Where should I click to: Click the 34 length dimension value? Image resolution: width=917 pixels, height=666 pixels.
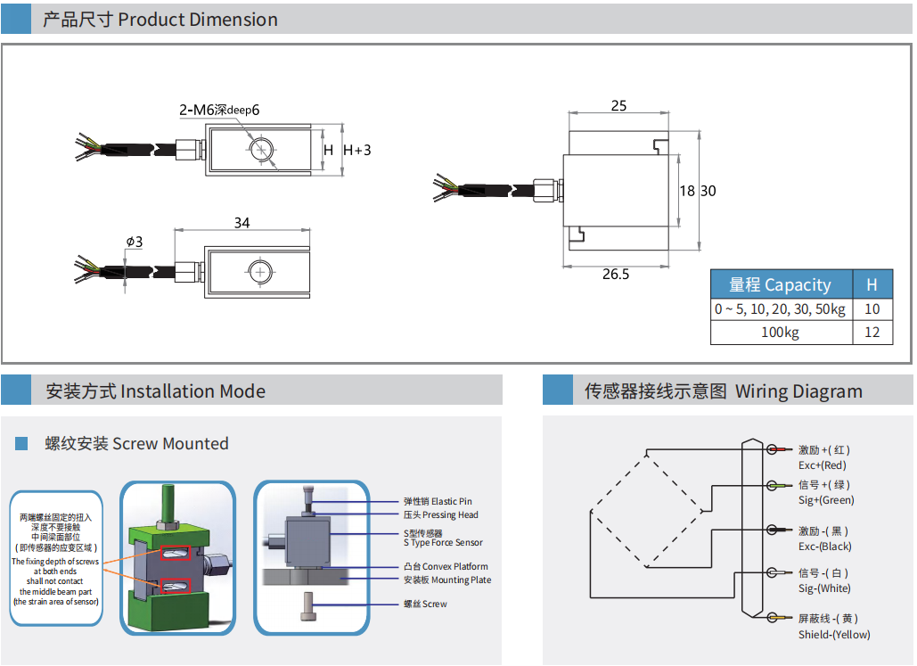tap(242, 223)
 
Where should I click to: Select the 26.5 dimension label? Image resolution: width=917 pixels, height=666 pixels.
tap(615, 275)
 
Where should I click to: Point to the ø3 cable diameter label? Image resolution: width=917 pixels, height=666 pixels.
tap(135, 242)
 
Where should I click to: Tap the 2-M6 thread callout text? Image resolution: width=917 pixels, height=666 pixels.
tap(219, 111)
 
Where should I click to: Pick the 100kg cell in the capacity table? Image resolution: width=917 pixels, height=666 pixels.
tap(781, 333)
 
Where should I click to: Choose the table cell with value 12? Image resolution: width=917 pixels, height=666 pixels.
tap(872, 333)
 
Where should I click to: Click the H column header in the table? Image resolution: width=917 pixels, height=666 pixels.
tap(872, 285)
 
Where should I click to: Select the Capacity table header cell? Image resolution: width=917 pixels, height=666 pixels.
tap(781, 285)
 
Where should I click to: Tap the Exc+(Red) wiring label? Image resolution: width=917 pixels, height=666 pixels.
tap(823, 465)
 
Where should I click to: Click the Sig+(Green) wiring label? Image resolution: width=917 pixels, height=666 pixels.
tap(826, 500)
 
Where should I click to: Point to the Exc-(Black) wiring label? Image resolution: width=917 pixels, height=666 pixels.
tap(824, 547)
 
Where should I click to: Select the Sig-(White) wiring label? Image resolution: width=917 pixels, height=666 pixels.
tap(824, 588)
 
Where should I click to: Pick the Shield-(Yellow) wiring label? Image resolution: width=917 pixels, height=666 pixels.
tap(834, 635)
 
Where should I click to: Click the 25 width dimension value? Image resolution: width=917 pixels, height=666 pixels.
tap(618, 106)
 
